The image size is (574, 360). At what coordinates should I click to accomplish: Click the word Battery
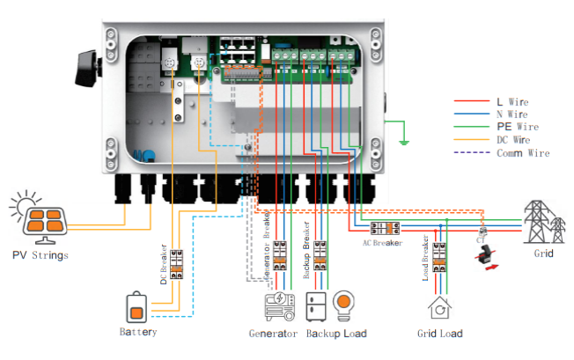(x=138, y=333)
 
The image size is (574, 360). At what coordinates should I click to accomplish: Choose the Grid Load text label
(x=439, y=334)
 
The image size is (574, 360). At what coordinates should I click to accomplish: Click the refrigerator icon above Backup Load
(x=317, y=306)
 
